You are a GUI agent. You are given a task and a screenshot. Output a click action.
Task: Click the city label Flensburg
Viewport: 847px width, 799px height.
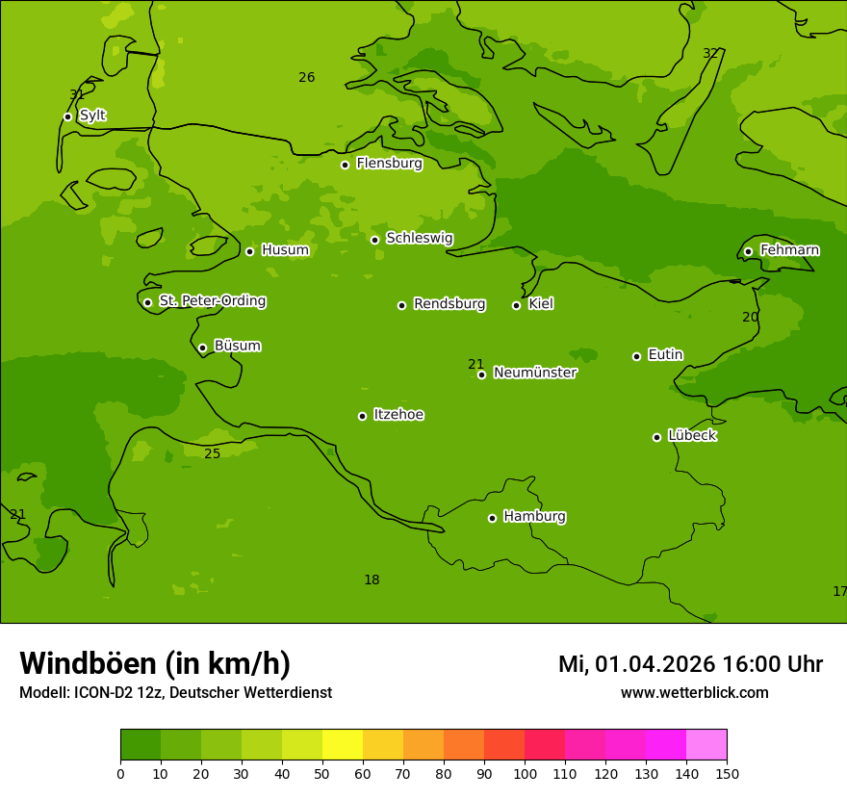pos(389,164)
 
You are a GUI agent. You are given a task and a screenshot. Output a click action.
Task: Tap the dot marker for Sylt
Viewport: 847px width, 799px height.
pos(67,116)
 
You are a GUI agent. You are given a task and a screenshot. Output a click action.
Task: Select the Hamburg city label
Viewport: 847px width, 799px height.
pos(534,517)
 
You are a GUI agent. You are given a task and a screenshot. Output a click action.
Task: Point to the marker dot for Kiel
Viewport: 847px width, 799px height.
pos(516,305)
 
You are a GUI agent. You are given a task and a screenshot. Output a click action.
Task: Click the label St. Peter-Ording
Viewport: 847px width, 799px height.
pos(212,301)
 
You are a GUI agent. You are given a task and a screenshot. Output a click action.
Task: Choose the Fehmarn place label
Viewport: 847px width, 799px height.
pos(789,250)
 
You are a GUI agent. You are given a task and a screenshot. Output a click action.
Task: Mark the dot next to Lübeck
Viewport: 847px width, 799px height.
pos(656,437)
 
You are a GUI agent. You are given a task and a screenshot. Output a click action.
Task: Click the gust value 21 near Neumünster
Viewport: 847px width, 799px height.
pos(475,364)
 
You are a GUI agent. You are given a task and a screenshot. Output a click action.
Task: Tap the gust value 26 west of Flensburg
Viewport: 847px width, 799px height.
pos(306,77)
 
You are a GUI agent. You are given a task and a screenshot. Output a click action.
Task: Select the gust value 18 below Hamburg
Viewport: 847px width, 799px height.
pos(372,580)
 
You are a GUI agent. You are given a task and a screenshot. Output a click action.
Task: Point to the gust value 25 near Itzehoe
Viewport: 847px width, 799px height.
pos(212,453)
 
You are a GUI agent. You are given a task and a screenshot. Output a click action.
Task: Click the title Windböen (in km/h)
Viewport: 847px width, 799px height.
pos(155,663)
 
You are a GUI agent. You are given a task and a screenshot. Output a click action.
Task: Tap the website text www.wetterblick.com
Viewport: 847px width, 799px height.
pos(694,693)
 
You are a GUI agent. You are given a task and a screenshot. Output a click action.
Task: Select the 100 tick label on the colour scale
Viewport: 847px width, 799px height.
pos(525,774)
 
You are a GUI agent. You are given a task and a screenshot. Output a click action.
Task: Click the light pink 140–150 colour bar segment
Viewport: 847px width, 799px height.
pos(706,745)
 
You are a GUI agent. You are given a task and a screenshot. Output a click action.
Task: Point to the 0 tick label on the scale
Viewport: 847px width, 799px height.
pos(120,774)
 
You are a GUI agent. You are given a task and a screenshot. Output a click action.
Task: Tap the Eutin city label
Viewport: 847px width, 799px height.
pos(665,355)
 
